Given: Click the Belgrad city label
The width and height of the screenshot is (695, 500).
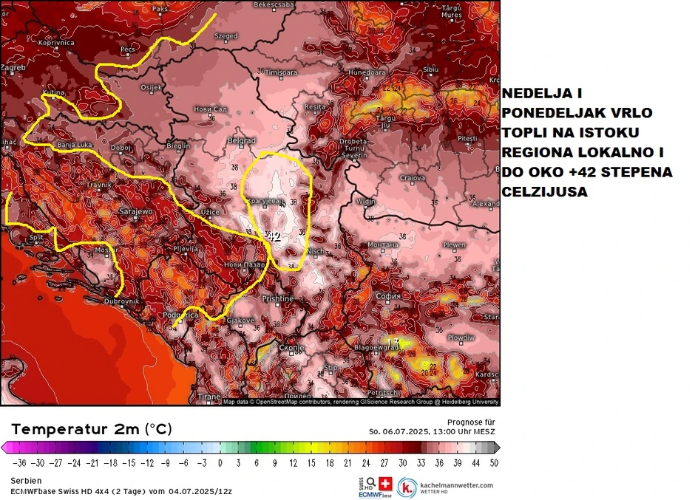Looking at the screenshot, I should [x=242, y=140].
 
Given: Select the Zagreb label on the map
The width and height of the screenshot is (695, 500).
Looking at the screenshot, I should [x=13, y=68].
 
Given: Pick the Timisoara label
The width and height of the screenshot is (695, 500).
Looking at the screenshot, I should [x=281, y=73].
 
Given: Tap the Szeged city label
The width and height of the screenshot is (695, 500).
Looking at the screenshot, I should [x=226, y=36].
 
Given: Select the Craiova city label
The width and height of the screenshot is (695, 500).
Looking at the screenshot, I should [x=413, y=178].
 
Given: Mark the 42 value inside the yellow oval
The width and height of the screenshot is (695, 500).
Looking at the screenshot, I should [x=274, y=237].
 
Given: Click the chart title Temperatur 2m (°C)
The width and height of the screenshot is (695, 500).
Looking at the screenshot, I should [x=92, y=429].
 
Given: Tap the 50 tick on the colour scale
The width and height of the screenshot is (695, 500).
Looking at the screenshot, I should [x=493, y=463].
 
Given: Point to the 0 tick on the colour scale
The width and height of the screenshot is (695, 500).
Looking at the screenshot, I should [x=220, y=463].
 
